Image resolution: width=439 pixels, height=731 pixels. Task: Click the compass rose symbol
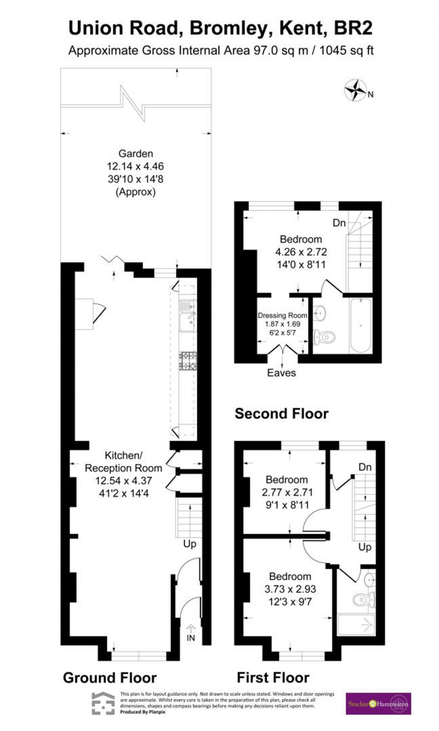(355, 90)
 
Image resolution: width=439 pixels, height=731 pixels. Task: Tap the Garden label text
(136, 154)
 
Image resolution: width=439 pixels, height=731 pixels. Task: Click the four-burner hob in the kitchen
(188, 361)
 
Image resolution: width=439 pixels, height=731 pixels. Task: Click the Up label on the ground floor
(189, 544)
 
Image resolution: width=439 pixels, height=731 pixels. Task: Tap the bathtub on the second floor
(361, 325)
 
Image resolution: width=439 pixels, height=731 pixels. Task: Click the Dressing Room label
(282, 316)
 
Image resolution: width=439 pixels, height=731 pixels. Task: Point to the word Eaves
(281, 373)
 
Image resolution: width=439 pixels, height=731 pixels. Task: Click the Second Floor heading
(281, 413)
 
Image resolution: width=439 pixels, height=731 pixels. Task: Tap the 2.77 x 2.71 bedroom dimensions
(287, 492)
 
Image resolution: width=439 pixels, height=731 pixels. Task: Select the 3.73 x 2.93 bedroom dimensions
(290, 589)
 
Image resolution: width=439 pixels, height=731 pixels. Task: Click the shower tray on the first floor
(356, 625)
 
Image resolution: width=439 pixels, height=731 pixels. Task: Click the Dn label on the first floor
(365, 467)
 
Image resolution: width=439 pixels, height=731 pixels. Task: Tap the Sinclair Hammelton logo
(378, 704)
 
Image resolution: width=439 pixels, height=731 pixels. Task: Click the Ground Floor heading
(110, 677)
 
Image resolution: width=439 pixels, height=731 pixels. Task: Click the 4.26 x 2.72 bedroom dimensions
(301, 252)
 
